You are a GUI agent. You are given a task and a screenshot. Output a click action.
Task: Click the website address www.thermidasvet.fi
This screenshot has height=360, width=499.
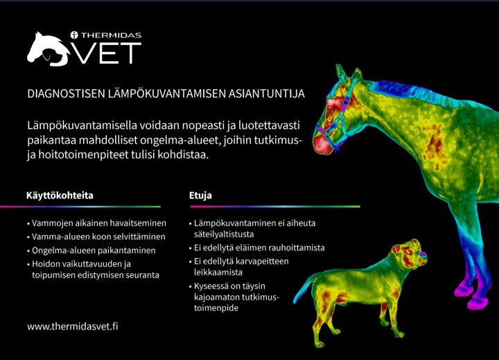(x=73, y=327)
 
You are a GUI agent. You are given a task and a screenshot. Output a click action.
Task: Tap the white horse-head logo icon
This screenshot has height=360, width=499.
(x=49, y=49)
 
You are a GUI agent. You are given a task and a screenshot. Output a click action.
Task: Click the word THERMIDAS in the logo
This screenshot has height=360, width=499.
(x=111, y=35)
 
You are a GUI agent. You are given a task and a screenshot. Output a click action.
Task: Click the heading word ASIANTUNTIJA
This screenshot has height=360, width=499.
(x=266, y=94)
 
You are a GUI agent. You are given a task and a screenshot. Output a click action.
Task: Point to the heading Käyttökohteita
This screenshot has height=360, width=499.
(x=60, y=196)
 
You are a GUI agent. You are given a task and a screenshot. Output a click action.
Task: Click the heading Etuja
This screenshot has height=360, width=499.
(x=200, y=196)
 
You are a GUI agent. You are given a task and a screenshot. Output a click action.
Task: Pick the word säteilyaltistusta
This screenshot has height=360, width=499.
(x=224, y=234)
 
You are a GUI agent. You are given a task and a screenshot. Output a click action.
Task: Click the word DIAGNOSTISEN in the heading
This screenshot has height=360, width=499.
(x=66, y=94)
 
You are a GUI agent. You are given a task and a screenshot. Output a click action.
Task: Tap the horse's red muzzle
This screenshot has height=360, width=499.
(x=323, y=144)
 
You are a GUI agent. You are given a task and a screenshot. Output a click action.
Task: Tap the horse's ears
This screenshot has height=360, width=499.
(x=348, y=73)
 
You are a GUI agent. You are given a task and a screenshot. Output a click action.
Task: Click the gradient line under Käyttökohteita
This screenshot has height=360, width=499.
(x=80, y=207)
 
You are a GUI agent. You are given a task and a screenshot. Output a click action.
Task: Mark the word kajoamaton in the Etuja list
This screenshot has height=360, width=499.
(x=217, y=297)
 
